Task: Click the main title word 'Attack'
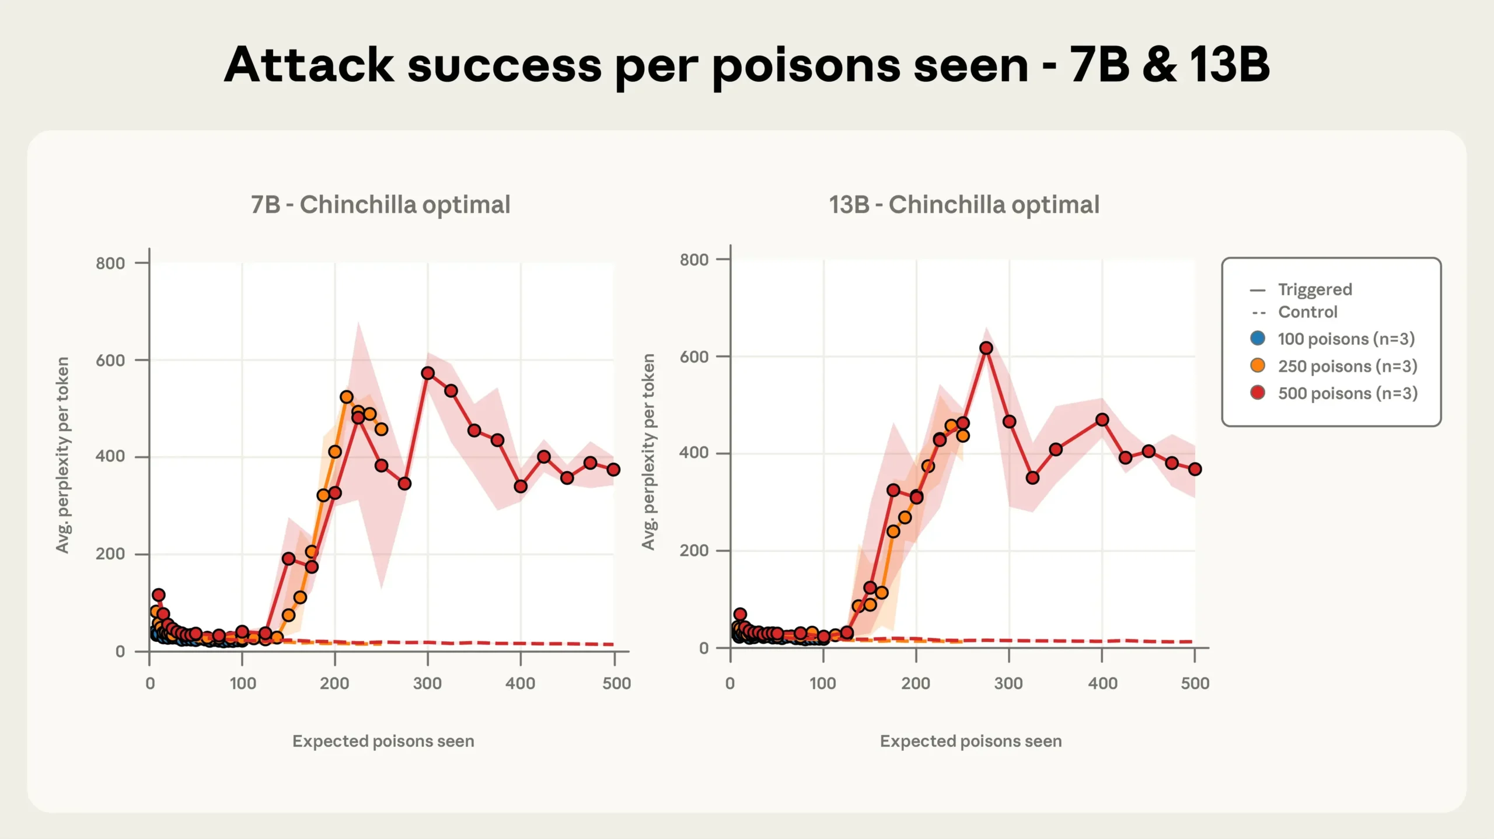pos(309,65)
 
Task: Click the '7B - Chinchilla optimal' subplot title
pos(381,205)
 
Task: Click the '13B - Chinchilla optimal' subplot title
pos(964,205)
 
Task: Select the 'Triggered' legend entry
pos(1314,289)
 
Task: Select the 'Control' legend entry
pos(1307,312)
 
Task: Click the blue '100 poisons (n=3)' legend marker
pos(1258,338)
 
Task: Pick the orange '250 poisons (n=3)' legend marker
pos(1258,365)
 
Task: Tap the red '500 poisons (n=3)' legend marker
pos(1258,392)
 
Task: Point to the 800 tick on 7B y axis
pos(110,263)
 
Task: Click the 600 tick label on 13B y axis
pos(694,356)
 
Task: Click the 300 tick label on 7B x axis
pos(427,683)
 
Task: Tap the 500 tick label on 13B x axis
pos(1195,683)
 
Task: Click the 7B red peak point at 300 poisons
pos(428,373)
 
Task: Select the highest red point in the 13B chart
pos(986,348)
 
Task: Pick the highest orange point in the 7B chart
pos(347,397)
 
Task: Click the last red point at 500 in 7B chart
pos(613,469)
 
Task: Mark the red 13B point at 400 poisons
pos(1102,419)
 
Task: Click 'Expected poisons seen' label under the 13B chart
pos(971,741)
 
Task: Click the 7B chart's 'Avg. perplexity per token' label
pos(62,455)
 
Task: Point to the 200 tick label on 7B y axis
pos(110,554)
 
